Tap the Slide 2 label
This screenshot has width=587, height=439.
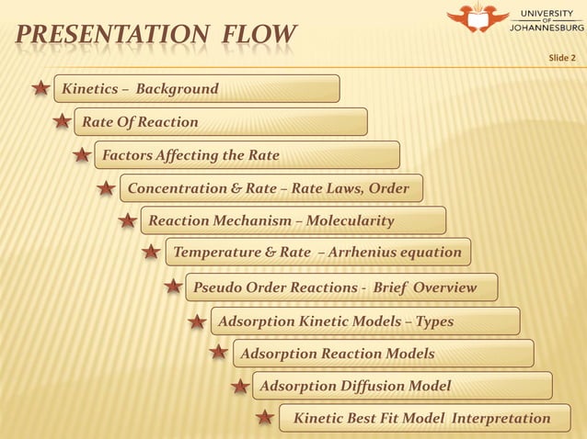click(x=561, y=59)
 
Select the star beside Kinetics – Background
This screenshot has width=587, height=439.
click(x=40, y=89)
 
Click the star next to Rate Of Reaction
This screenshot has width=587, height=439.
click(x=62, y=121)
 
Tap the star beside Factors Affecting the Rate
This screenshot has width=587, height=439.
click(x=82, y=155)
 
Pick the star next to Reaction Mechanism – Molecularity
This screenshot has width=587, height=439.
click(x=128, y=221)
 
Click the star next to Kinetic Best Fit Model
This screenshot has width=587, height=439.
click(x=264, y=419)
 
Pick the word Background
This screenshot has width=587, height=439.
click(x=177, y=89)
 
